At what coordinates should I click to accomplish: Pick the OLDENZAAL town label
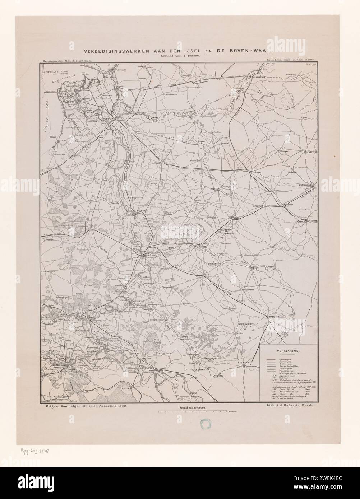(307, 185)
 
